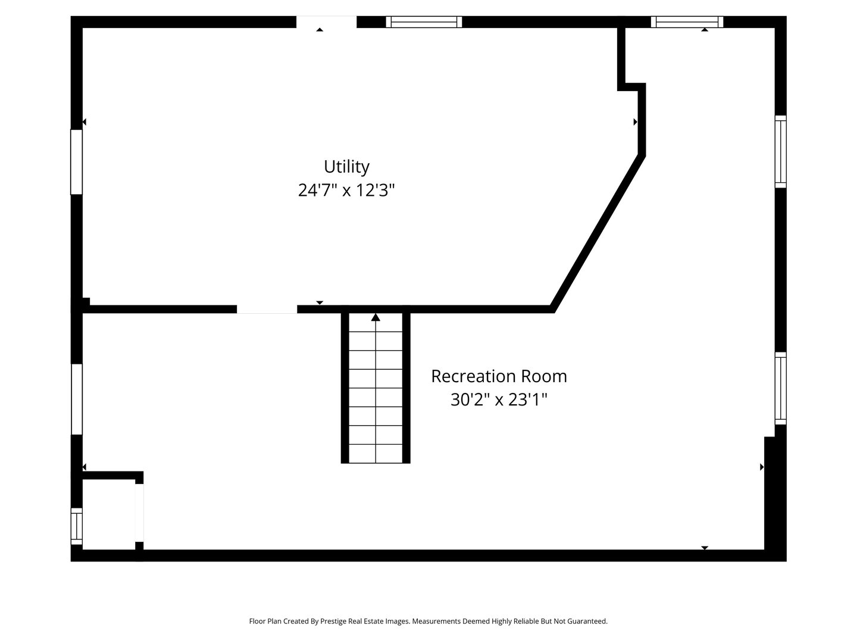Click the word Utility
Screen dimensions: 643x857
346,166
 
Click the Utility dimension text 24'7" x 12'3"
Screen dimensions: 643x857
346,191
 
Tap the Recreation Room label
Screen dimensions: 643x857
499,376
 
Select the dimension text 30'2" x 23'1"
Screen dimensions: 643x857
499,399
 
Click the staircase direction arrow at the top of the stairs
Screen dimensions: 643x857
376,318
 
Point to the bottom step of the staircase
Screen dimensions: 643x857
376,454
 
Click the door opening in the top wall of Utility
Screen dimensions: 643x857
326,22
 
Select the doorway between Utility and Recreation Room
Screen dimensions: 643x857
267,309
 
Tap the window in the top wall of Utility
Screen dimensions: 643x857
424,22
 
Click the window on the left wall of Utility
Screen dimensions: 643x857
76,162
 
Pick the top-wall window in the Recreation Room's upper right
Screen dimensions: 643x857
687,22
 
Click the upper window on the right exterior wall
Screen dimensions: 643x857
780,151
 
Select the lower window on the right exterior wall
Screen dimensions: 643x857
780,388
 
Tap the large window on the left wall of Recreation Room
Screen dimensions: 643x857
77,399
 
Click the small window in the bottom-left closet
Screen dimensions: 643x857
76,526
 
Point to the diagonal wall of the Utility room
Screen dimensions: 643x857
597,232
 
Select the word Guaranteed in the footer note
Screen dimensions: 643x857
586,621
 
